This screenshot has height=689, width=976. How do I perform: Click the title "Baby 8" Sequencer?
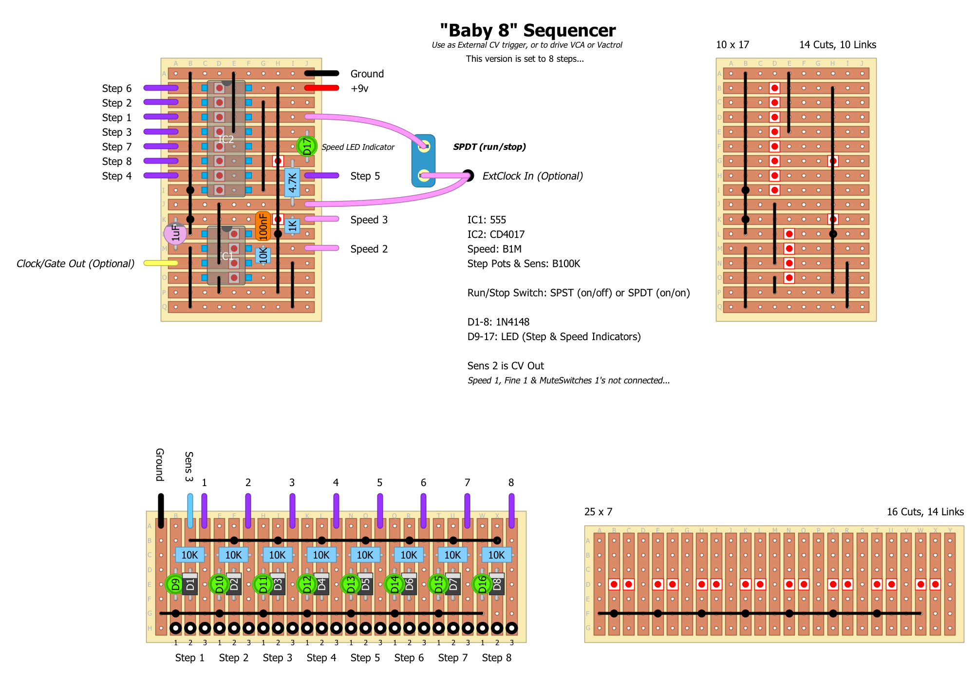click(x=527, y=30)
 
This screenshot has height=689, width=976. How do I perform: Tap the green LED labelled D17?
click(x=307, y=145)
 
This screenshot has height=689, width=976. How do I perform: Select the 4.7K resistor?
click(x=292, y=182)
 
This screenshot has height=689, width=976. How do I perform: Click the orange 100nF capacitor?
click(x=263, y=226)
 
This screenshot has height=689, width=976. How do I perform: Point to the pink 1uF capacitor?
click(x=175, y=234)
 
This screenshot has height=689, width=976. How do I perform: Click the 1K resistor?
click(x=292, y=226)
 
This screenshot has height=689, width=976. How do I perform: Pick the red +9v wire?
click(x=321, y=88)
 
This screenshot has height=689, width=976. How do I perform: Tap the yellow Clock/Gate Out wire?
click(x=161, y=263)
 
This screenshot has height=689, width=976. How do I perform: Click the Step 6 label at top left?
click(x=116, y=88)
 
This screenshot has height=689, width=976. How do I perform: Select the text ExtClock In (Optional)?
click(x=532, y=176)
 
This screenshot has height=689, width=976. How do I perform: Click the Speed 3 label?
click(x=369, y=219)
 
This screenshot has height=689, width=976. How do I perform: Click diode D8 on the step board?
click(x=497, y=583)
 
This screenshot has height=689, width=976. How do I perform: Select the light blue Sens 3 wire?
click(x=190, y=511)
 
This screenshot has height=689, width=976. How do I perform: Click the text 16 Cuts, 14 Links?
click(x=925, y=512)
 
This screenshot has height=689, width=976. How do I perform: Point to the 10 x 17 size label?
click(x=732, y=45)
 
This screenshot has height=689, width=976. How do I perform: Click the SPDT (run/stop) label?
click(x=489, y=147)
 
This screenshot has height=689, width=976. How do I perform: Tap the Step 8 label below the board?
click(x=496, y=658)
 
